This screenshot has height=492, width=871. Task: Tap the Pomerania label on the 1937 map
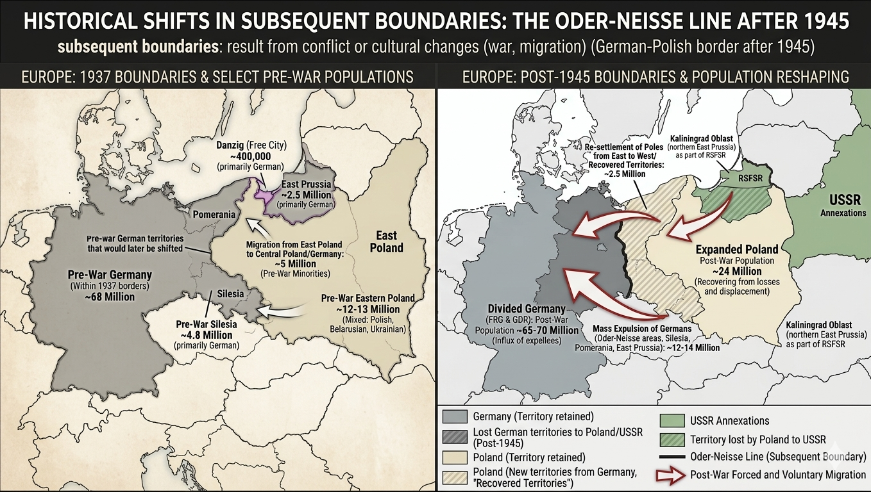215,214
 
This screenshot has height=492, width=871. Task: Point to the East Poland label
386,242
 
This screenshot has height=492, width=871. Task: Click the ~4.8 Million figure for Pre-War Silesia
207,334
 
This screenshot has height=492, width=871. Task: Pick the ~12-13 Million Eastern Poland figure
368,309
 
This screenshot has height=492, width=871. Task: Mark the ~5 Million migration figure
294,263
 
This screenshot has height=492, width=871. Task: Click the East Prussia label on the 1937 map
307,184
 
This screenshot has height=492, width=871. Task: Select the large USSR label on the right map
845,199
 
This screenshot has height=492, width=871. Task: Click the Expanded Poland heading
736,249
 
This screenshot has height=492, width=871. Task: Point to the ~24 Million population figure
736,271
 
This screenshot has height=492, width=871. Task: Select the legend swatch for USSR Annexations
671,420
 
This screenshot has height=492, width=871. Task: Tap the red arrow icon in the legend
671,475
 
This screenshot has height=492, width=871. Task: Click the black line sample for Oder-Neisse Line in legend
671,457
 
